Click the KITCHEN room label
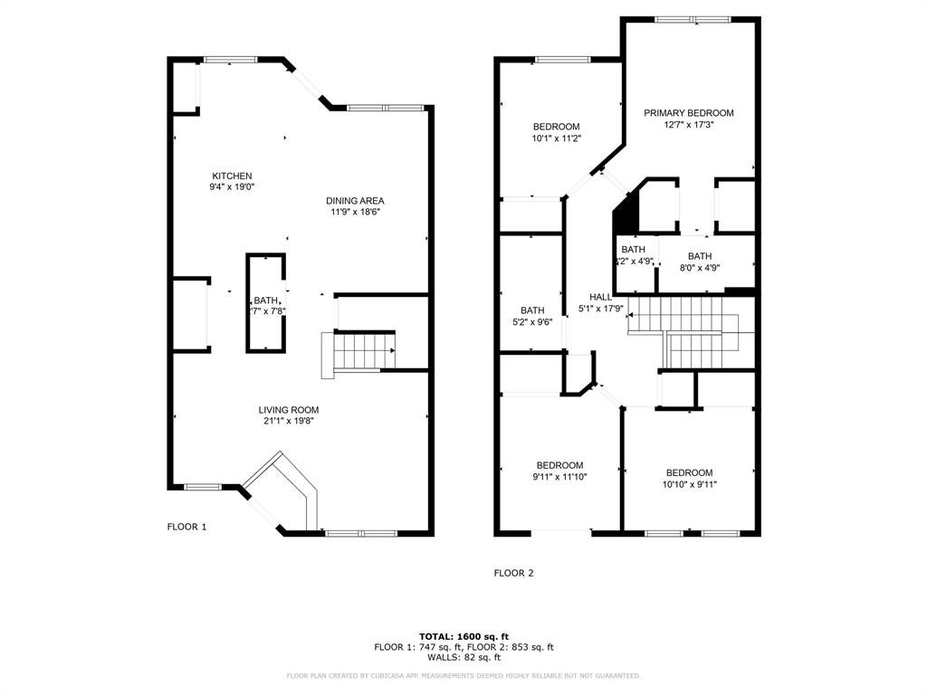[232, 176]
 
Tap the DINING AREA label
[356, 201]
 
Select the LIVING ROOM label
[288, 410]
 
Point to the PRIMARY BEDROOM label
[688, 113]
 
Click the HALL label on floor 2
[600, 297]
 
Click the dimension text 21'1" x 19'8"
[288, 421]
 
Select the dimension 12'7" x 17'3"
[688, 125]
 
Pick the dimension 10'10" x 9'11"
[689, 484]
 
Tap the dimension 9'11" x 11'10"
[559, 477]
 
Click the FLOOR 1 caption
[186, 527]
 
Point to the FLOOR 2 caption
[513, 573]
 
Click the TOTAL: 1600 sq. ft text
[463, 636]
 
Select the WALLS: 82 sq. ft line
[463, 658]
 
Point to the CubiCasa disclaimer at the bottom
[463, 676]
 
